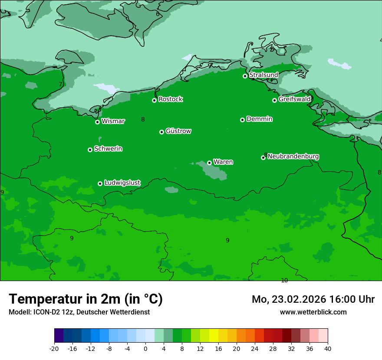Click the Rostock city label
tap(170, 99)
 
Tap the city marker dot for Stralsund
tap(245, 76)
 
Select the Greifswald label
tap(294, 99)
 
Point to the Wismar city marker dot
tap(98, 122)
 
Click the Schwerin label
tap(108, 149)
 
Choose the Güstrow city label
tap(178, 131)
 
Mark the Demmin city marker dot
tap(242, 120)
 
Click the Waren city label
tap(223, 162)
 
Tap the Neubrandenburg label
tap(293, 156)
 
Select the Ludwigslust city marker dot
tap(100, 183)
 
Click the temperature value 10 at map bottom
tap(284, 280)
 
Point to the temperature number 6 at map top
tap(158, 14)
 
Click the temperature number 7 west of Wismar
tap(60, 84)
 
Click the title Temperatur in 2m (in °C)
tap(86, 299)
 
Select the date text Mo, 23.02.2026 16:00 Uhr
tap(313, 299)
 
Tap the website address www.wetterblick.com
tap(313, 312)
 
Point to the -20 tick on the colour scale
tap(54, 349)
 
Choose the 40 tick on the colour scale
tap(328, 349)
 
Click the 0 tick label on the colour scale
tap(145, 349)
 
